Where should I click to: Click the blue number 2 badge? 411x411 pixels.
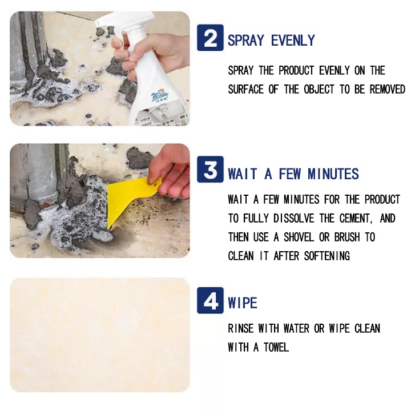(x=210, y=38)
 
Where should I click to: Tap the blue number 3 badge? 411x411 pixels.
(x=210, y=170)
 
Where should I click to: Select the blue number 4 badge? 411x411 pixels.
(x=210, y=300)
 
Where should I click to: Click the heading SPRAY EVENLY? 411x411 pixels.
(x=271, y=41)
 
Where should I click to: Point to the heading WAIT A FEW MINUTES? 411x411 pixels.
(x=293, y=174)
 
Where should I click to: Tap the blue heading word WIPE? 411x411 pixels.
(x=243, y=303)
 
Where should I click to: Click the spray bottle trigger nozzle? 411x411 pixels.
(x=123, y=22)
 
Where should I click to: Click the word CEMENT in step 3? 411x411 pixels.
(x=356, y=218)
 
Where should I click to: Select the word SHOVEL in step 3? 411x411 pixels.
(x=299, y=237)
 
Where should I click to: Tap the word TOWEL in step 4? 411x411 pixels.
(x=276, y=347)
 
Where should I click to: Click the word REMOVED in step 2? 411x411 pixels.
(x=388, y=89)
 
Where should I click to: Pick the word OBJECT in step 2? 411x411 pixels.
(x=319, y=89)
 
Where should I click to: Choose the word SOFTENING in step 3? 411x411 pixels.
(x=327, y=256)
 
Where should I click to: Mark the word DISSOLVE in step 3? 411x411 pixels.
(x=293, y=218)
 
